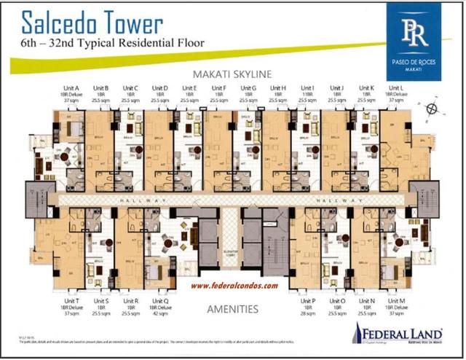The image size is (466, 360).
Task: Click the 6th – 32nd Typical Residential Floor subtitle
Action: [102, 43]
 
